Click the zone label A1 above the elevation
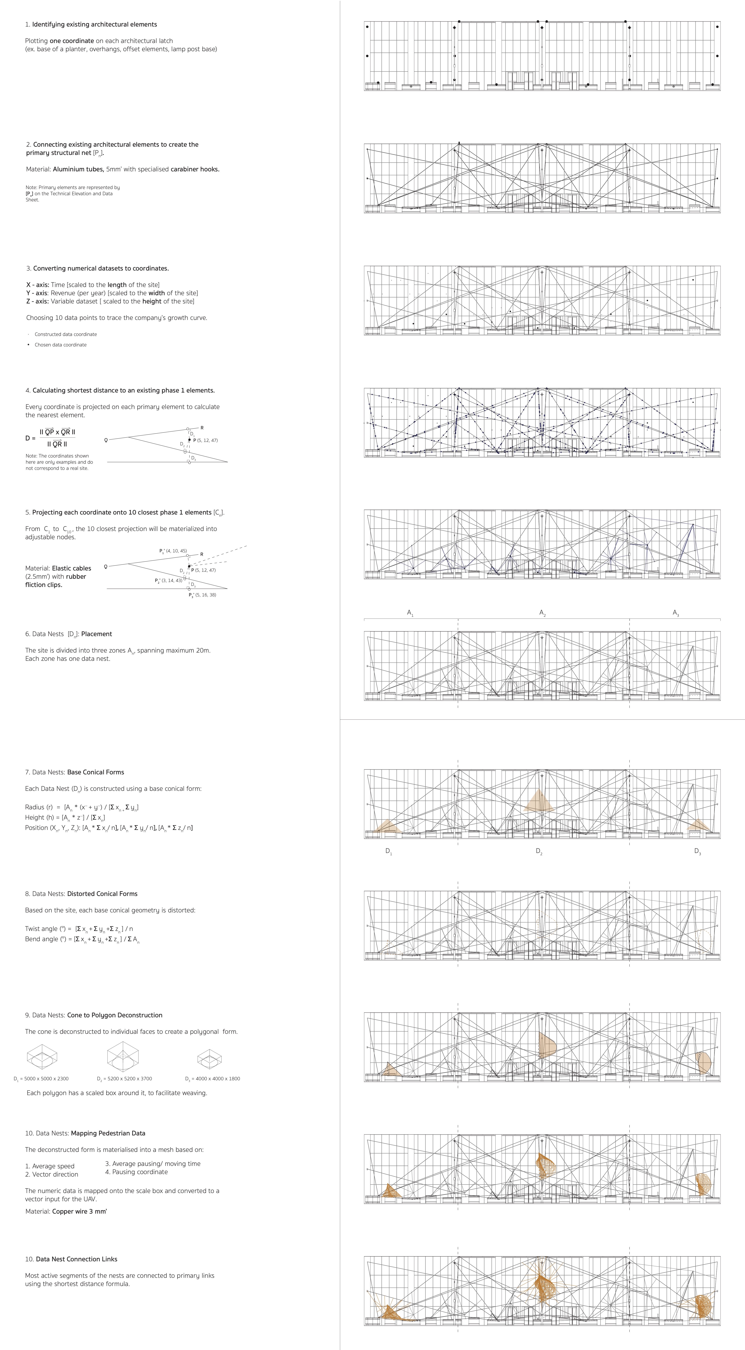pos(410,613)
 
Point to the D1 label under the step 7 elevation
pos(389,852)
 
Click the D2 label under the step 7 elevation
pos(539,852)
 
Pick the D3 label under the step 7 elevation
pos(697,852)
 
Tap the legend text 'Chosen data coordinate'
pos(60,345)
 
